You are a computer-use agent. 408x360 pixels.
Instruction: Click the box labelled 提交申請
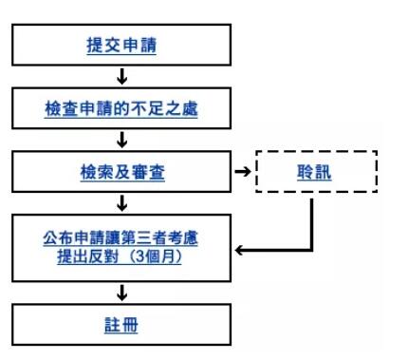(x=121, y=46)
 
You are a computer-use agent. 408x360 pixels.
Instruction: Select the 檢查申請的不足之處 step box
(x=121, y=109)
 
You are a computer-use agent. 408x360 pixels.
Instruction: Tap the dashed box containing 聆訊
(x=317, y=174)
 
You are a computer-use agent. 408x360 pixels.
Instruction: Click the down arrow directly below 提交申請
(x=121, y=77)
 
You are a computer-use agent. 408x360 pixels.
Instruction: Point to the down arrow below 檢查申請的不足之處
(x=121, y=141)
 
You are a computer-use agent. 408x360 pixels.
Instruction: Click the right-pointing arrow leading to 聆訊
(x=242, y=174)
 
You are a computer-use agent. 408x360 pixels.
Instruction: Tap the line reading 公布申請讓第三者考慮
(x=121, y=238)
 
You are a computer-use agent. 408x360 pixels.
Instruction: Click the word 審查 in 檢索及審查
(x=146, y=174)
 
